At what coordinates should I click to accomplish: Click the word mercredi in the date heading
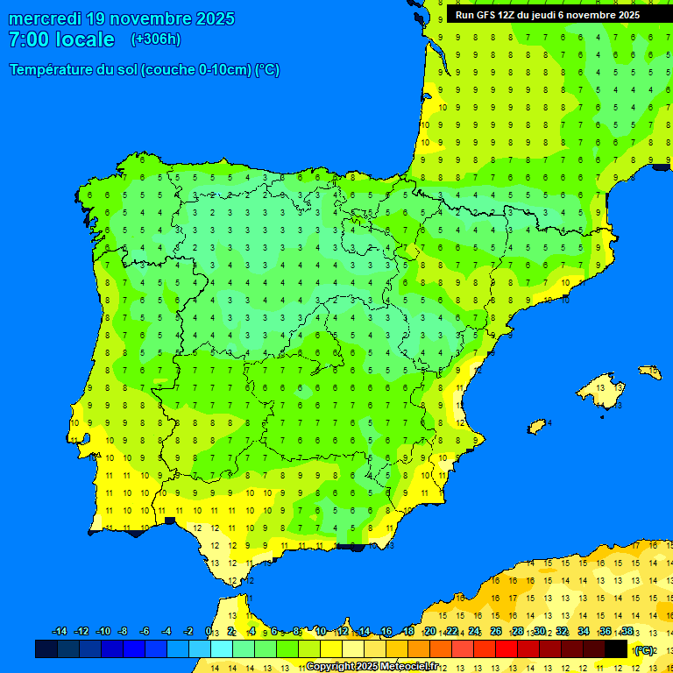(45, 18)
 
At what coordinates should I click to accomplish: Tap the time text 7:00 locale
(61, 39)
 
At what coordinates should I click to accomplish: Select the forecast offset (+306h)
(156, 39)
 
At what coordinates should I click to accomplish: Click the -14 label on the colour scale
(60, 632)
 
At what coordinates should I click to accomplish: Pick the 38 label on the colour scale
(627, 632)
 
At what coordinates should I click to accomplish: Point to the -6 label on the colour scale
(145, 632)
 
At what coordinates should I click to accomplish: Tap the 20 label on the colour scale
(429, 632)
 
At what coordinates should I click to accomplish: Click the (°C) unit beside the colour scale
(644, 650)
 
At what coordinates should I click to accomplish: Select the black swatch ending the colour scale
(616, 649)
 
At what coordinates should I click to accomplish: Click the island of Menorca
(649, 372)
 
